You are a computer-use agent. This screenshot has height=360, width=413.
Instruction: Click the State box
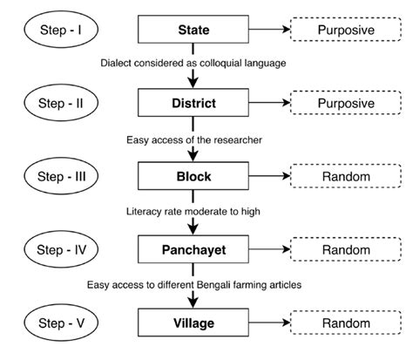(x=194, y=31)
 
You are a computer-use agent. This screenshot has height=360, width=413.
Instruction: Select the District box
(x=194, y=104)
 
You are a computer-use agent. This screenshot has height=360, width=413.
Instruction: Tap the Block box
(x=194, y=177)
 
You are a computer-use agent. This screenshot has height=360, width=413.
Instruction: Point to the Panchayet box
(x=194, y=250)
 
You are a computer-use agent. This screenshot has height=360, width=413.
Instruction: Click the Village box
(x=194, y=323)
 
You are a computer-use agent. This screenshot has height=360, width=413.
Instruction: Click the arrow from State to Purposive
(x=268, y=31)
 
